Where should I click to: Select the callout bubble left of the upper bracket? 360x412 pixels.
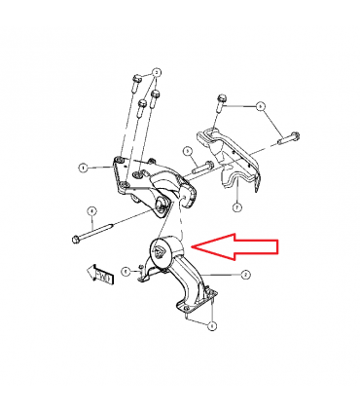pyautogui.click(x=85, y=168)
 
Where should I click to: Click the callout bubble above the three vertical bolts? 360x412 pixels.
pyautogui.click(x=158, y=72)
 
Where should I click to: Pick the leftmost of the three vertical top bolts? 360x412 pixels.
pyautogui.click(x=134, y=83)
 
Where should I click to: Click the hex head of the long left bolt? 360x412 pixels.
pyautogui.click(x=75, y=237)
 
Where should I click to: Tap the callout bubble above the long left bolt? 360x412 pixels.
pyautogui.click(x=90, y=210)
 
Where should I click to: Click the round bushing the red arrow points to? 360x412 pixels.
pyautogui.click(x=159, y=254)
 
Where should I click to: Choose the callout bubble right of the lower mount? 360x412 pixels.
pyautogui.click(x=247, y=276)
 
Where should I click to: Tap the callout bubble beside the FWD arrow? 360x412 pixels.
pyautogui.click(x=126, y=270)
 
